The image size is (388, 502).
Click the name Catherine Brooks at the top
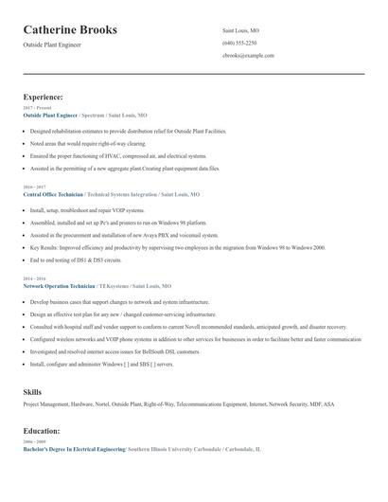[70, 30]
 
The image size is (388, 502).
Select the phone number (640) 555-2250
[238, 43]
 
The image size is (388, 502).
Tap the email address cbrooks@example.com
[248, 56]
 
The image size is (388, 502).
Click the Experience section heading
[43, 97]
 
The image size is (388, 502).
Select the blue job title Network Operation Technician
[59, 285]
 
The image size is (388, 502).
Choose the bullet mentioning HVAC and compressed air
[117, 155]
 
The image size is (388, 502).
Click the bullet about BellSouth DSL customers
[115, 351]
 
